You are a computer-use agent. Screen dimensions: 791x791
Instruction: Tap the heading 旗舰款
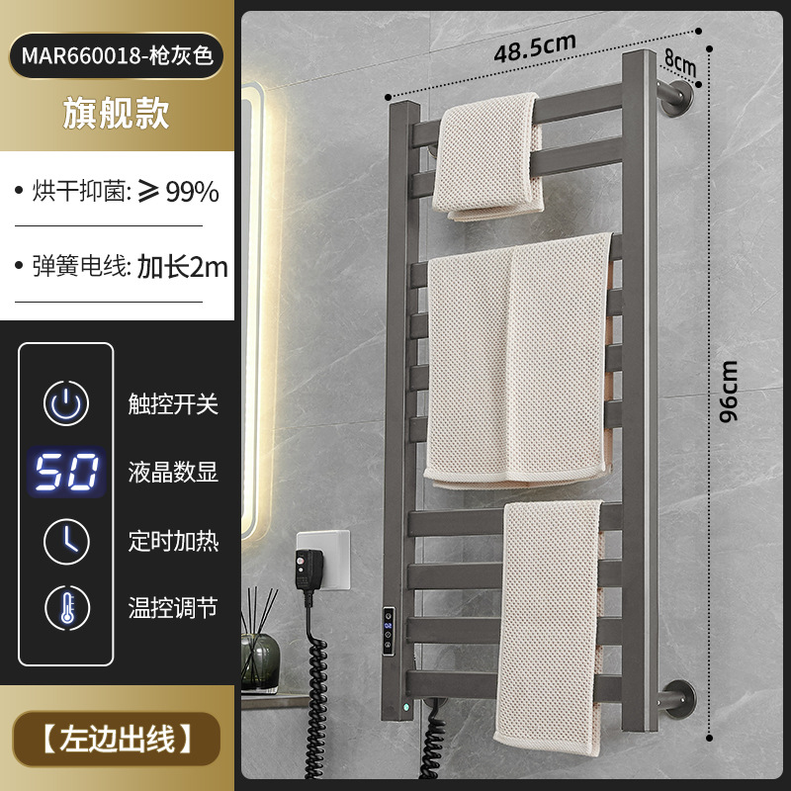coord(117,113)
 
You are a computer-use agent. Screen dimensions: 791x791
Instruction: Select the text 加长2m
coord(183,266)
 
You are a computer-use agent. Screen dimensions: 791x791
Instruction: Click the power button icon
coord(67,403)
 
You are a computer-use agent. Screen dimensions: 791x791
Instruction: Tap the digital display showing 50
coord(67,473)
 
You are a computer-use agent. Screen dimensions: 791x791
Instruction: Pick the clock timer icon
coord(67,540)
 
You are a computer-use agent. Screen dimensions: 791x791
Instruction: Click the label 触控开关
coord(173,403)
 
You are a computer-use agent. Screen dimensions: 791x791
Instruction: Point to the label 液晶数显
coord(173,473)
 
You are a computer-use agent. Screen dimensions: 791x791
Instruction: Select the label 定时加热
coord(173,540)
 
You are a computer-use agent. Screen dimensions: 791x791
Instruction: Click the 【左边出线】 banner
coord(117,738)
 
